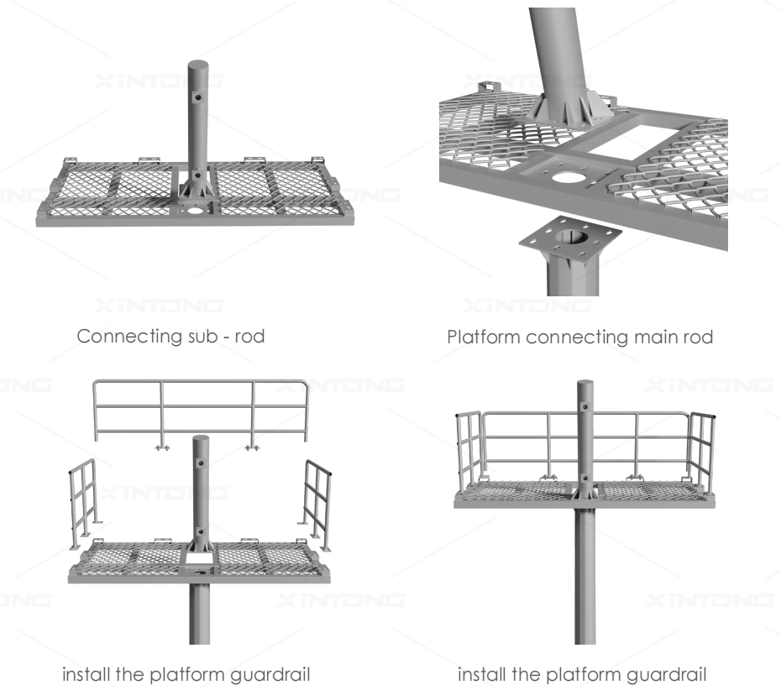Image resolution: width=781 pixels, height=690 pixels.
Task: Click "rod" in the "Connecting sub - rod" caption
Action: (249, 337)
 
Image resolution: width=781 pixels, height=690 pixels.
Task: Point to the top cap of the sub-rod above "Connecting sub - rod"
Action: (198, 65)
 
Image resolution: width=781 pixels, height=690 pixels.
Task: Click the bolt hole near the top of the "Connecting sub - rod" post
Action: (199, 98)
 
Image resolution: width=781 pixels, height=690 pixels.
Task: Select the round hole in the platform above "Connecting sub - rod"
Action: (196, 211)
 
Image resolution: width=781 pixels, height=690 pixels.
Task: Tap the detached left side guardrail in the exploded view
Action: (81, 504)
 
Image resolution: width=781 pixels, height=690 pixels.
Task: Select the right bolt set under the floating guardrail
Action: (249, 448)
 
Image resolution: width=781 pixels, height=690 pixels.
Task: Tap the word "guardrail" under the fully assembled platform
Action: (663, 674)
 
